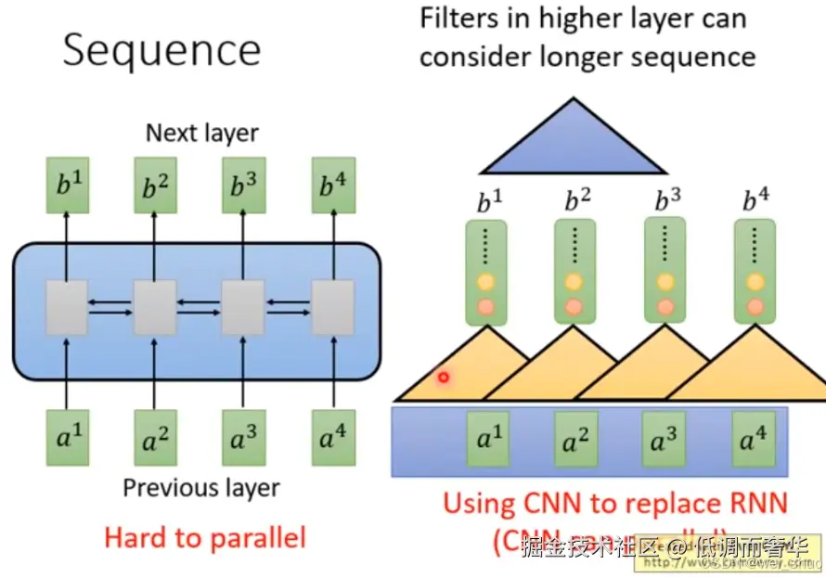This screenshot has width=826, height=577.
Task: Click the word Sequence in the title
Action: pos(161,51)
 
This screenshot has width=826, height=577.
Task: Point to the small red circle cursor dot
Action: pos(443,378)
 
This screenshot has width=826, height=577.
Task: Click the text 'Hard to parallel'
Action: pos(204,537)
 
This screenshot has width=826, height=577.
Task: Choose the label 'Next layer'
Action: pos(202,133)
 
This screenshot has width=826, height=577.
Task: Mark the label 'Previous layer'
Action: pos(201,487)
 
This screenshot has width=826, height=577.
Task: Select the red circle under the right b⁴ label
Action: pos(754,305)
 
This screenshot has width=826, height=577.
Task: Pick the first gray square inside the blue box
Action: pos(67,307)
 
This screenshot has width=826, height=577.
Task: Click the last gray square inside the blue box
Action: pos(332,307)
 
